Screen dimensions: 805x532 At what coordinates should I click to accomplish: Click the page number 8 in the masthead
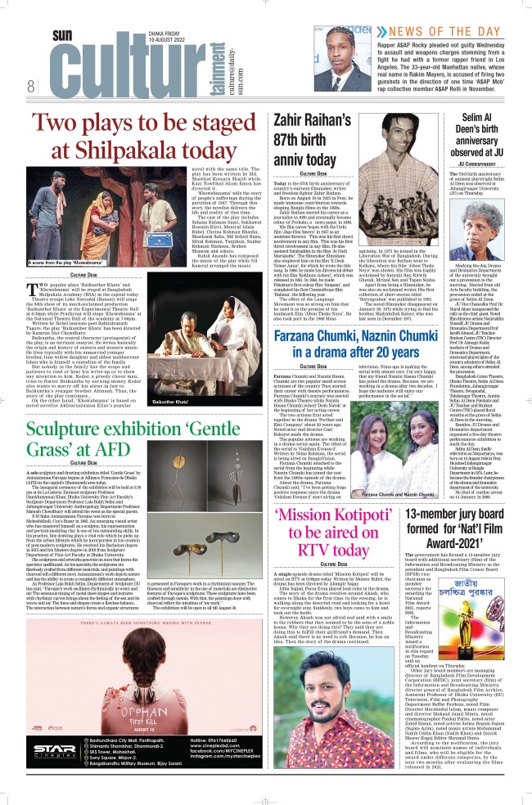tap(29, 86)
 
